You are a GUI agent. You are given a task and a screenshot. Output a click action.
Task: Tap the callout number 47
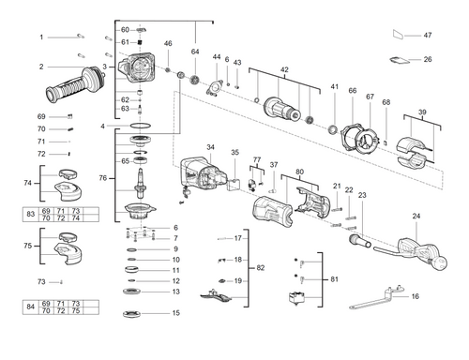tap(427, 35)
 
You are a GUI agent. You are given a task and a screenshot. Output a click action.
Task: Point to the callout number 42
tap(285, 69)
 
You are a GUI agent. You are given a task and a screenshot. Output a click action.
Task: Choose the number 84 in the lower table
tap(31, 306)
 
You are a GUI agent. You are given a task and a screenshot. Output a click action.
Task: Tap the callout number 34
tap(210, 147)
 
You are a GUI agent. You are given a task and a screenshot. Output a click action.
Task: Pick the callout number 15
tap(174, 313)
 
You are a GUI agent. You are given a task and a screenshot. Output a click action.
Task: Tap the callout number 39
tap(422, 112)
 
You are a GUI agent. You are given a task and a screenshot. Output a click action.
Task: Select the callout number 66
tap(353, 91)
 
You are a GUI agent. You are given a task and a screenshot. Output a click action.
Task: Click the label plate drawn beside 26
tap(396, 63)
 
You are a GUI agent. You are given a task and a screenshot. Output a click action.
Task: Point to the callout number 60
tap(125, 30)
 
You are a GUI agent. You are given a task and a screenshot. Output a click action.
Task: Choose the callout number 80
tap(299, 172)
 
